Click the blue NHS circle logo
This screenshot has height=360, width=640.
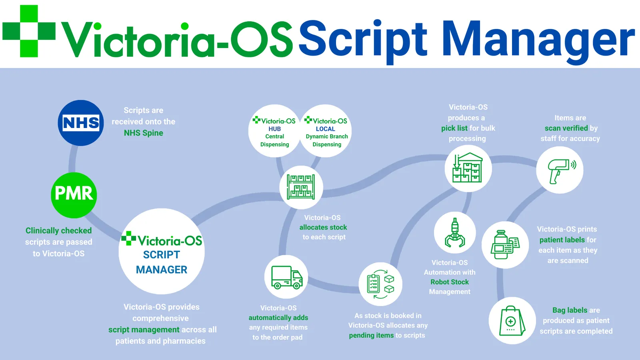pos(81,123)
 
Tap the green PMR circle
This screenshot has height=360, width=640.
pos(74,195)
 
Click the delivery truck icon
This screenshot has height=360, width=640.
pos(286,277)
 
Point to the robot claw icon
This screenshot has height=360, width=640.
pos(455,232)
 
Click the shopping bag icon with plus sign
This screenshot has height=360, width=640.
pos(512,320)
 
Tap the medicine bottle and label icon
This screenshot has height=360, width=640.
pos(505,244)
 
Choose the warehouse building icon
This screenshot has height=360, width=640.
pos(468,168)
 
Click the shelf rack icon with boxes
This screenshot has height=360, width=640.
pos(301,187)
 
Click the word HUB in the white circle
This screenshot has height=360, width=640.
pos(274,129)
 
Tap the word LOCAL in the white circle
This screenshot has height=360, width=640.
pos(326,129)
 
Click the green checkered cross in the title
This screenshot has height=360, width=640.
pos(29,31)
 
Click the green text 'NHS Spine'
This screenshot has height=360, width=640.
pos(144,133)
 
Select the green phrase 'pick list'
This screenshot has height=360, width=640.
pos(454,128)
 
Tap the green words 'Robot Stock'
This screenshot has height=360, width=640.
pos(450,282)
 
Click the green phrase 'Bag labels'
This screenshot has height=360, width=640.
pos(570,310)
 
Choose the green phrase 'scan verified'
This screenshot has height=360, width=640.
pos(566,128)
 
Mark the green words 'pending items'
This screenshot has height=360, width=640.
pos(371,336)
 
